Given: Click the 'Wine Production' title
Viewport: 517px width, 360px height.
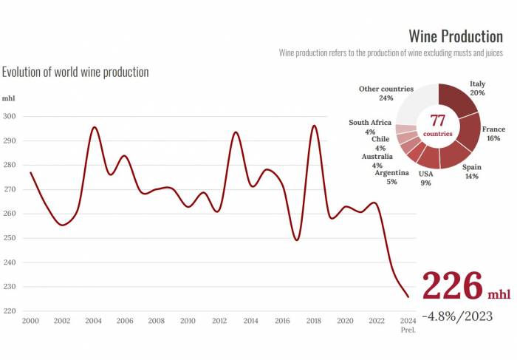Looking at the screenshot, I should click(455, 36).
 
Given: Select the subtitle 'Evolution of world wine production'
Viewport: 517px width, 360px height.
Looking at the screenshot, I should click(75, 72).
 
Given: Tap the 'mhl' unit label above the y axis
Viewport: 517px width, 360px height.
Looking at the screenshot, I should click(8, 98).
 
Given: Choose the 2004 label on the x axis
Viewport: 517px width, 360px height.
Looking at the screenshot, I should click(93, 321).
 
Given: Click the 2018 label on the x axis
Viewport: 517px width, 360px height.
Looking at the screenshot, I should click(314, 321).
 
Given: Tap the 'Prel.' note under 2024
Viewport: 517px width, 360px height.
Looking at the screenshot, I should click(408, 330).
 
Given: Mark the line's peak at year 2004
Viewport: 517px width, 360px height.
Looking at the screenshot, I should click(94, 127).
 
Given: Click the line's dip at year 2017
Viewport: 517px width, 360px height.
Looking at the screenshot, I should click(297, 240).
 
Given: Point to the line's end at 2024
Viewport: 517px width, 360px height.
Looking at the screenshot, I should click(408, 296).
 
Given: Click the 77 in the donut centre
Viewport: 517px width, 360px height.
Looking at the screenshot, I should click(438, 121).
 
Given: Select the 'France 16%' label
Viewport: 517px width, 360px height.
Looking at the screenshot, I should click(493, 134).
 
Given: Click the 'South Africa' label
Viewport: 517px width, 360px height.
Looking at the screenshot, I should click(369, 123).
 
